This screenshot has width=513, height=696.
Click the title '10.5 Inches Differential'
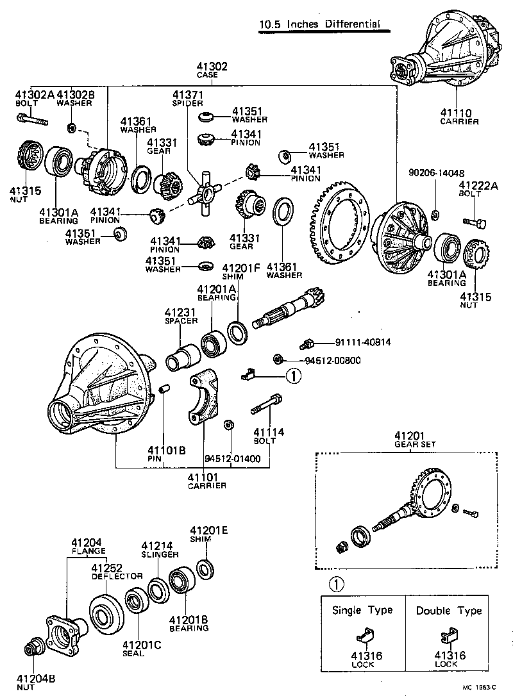click(x=319, y=25)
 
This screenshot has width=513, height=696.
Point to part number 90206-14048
click(x=436, y=172)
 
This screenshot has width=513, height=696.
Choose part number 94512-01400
click(x=233, y=459)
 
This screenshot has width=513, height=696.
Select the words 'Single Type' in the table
click(x=362, y=610)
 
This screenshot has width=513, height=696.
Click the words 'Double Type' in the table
click(x=448, y=610)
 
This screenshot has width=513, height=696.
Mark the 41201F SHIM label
click(x=241, y=272)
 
